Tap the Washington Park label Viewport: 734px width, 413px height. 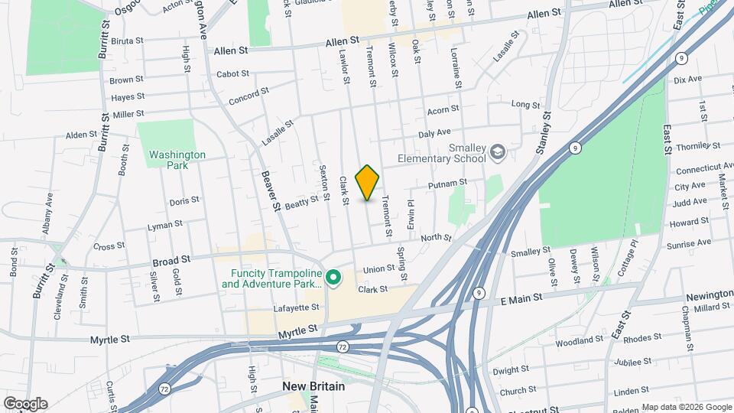pos(177,159)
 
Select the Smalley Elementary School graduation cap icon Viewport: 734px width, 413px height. pos(498,152)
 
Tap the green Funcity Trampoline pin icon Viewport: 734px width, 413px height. pos(333,276)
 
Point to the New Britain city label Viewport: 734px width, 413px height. pos(313,386)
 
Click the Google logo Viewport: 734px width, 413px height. pos(24,404)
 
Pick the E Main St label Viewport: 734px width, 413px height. pos(521,296)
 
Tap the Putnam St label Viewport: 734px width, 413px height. pos(450,184)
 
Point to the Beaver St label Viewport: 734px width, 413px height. pos(270,190)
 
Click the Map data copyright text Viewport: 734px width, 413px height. pos(686,407)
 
